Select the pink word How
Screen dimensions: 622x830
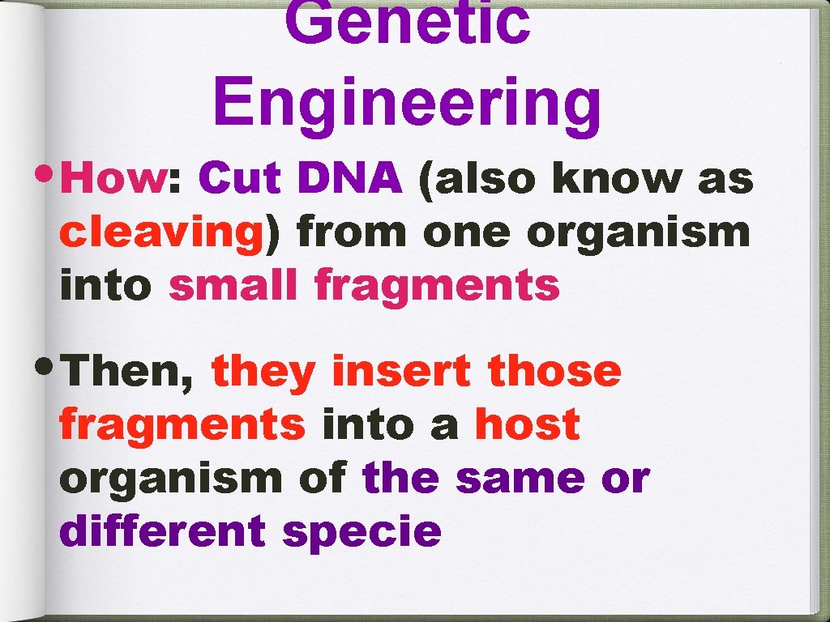tap(113, 178)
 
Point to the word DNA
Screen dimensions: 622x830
tap(349, 178)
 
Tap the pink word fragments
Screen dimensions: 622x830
tap(437, 285)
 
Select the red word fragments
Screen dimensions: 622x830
tap(182, 425)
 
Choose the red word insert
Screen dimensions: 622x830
tap(401, 372)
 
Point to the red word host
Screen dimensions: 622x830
tap(527, 425)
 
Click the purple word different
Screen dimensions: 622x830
tap(162, 531)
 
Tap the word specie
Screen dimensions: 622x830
tap(362, 531)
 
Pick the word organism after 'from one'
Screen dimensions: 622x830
tap(639, 232)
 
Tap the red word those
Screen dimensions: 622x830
tap(554, 372)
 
